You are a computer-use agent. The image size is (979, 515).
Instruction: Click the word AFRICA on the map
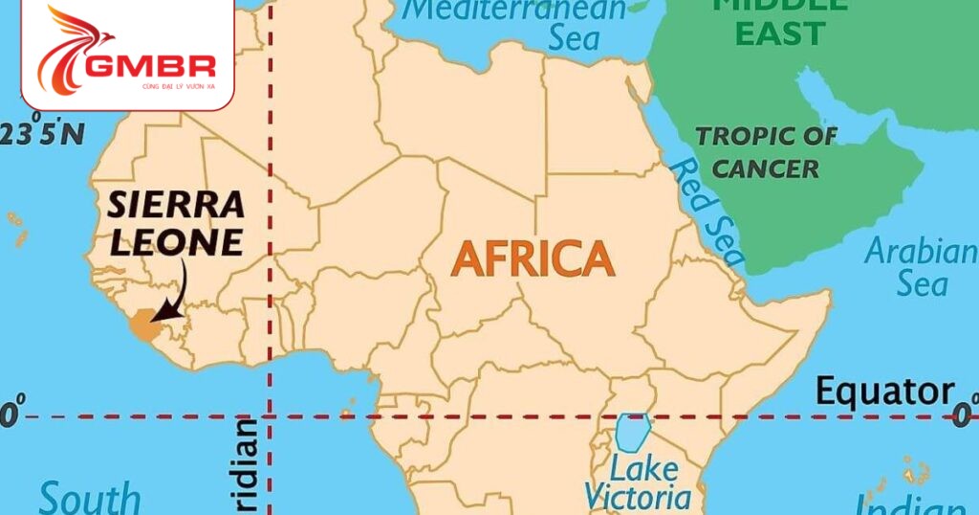pos(533,258)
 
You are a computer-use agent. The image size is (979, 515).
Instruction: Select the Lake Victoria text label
pos(638,483)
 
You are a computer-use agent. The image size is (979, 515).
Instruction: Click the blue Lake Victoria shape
pos(632,433)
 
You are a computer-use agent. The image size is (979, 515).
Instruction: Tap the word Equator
pos(884,392)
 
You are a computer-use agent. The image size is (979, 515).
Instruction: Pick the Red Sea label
pos(707,213)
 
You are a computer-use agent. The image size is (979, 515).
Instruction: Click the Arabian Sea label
pos(919,268)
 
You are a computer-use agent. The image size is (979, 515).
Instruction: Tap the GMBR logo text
pos(151,66)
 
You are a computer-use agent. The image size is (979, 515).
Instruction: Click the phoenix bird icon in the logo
pos(72,48)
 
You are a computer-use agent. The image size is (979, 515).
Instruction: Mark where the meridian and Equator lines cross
pos(271,416)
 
